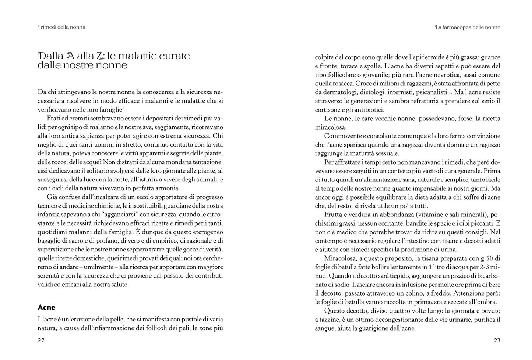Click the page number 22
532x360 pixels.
(x=41, y=340)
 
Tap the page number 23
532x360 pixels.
(x=497, y=340)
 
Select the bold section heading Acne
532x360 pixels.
(x=46, y=307)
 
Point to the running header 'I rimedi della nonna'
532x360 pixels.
(x=61, y=27)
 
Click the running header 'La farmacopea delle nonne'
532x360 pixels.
(x=468, y=27)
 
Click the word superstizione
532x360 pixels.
(x=54, y=250)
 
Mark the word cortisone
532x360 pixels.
(x=327, y=109)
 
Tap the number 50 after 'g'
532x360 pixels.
(x=488, y=258)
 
